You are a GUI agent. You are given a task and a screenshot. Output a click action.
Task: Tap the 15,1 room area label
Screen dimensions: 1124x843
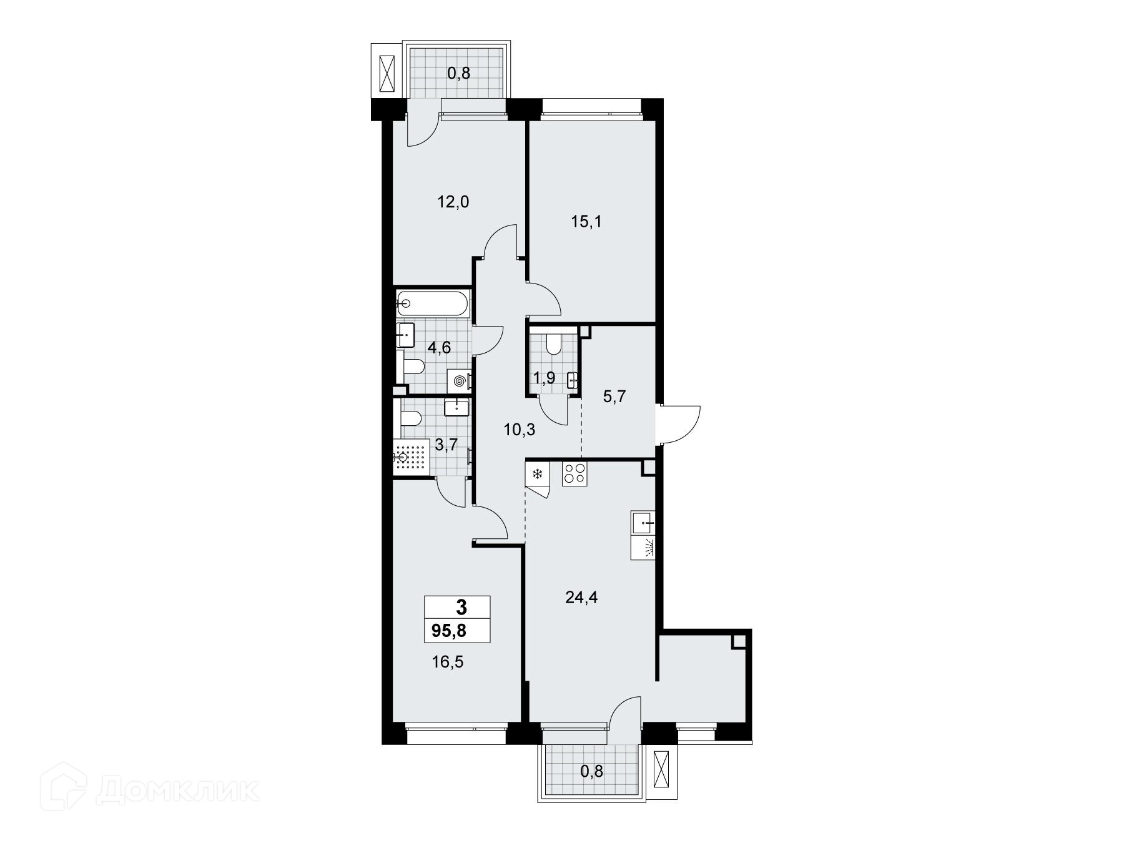pos(586,222)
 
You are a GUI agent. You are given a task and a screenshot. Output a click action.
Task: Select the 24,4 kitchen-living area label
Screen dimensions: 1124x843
pos(581,598)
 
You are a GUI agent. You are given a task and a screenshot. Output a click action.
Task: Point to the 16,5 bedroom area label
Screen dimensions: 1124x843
pos(447,661)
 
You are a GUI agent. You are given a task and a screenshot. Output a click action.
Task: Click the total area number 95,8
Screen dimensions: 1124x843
pos(450,631)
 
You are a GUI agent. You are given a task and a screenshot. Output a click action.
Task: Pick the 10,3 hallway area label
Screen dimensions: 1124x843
pos(520,429)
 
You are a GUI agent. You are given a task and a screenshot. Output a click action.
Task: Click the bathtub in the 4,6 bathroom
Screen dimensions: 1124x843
pos(431,303)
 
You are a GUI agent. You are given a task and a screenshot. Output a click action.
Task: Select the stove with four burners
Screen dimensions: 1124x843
pos(574,474)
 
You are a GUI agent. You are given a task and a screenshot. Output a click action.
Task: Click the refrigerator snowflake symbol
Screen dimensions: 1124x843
pos(537,473)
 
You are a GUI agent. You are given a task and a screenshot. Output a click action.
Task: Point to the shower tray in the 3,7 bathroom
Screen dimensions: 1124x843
pos(413,458)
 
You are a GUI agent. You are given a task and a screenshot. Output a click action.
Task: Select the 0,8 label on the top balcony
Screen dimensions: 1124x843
pos(458,73)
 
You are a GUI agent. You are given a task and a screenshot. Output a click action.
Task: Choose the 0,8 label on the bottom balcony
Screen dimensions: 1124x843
pos(592,771)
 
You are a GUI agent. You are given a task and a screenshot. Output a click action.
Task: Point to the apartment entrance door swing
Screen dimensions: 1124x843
pos(681,424)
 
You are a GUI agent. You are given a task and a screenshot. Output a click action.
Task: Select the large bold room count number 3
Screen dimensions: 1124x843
pos(461,607)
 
